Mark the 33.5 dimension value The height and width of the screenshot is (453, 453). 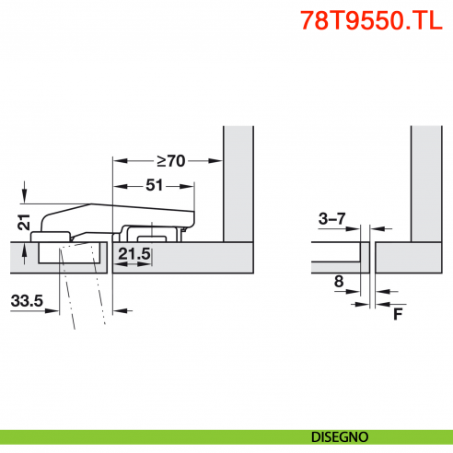[27, 300]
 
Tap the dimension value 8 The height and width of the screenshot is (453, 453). [339, 283]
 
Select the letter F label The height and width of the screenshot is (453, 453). [398, 314]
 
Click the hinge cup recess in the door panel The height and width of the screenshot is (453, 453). [70, 254]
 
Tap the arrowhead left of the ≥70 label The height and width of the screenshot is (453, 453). [117, 161]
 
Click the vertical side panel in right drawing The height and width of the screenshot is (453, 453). [423, 184]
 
